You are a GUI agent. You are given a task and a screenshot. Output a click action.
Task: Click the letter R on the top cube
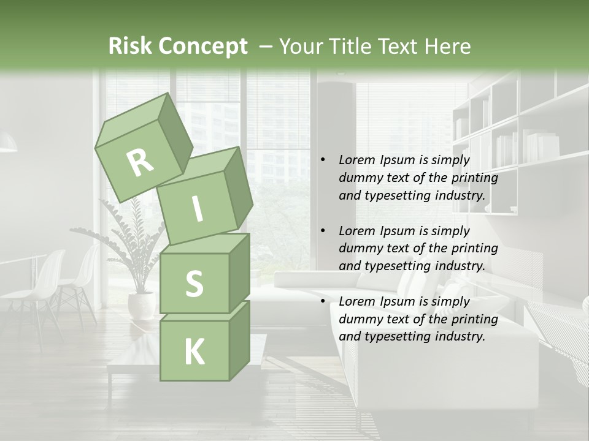point(140,162)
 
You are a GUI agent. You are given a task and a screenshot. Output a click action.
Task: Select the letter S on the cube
point(194,284)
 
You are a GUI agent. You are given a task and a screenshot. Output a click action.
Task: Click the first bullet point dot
point(323,160)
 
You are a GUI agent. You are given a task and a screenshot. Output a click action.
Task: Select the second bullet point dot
point(323,232)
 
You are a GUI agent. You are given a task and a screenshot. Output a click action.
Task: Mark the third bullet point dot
point(323,302)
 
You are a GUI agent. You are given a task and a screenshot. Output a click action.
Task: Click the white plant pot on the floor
point(142,305)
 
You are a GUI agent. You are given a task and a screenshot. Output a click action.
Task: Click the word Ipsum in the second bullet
point(400,231)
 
